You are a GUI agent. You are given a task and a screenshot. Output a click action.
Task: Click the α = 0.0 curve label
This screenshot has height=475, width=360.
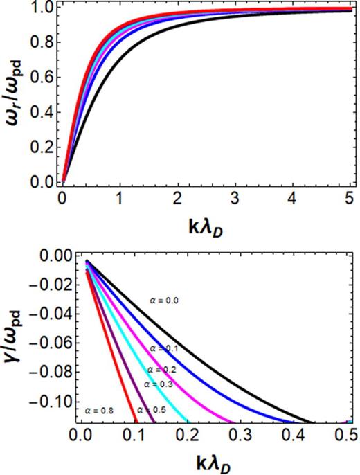[x=165, y=301]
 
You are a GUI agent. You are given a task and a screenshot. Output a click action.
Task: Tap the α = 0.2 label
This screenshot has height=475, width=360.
[x=163, y=370]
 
